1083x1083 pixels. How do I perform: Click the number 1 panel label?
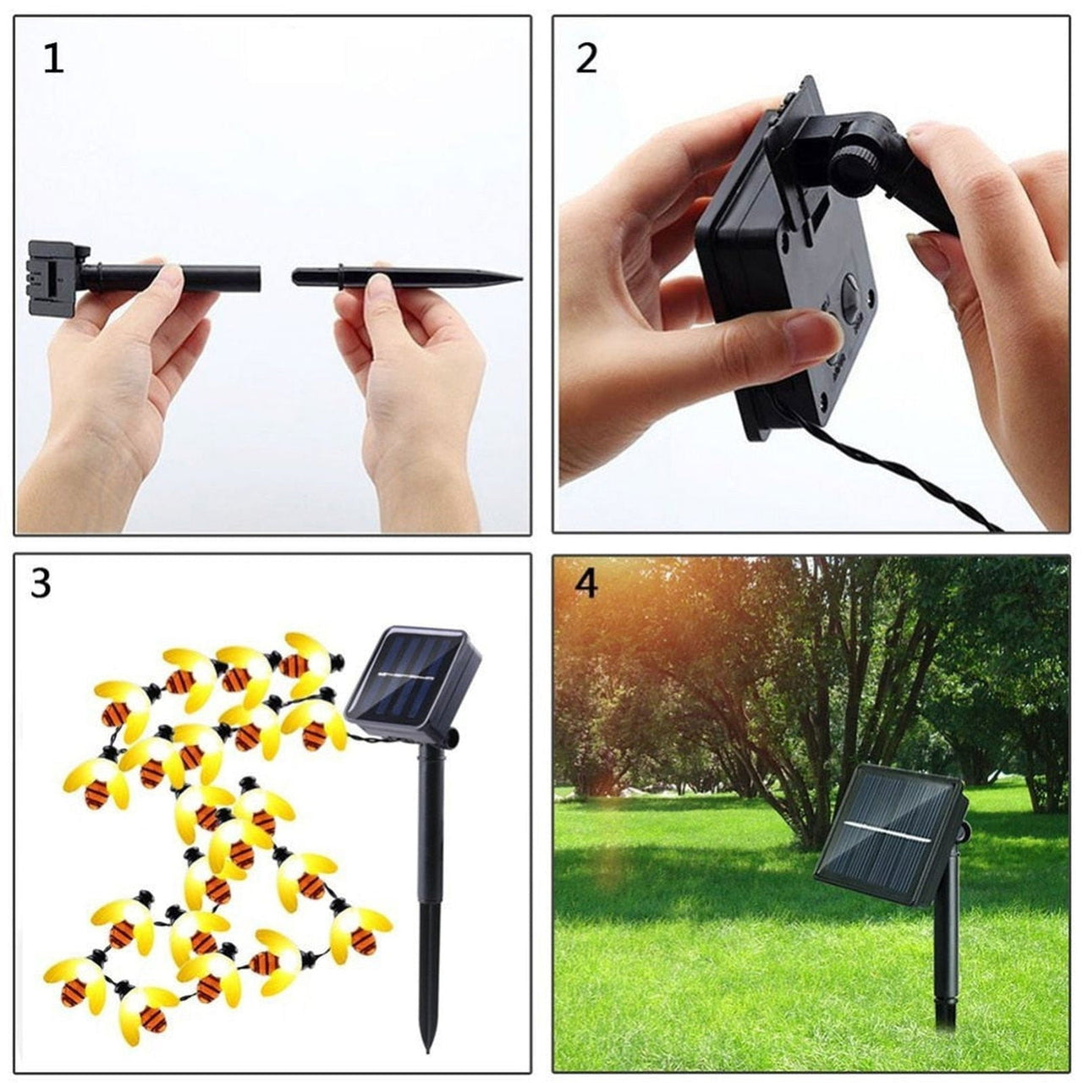coord(53,59)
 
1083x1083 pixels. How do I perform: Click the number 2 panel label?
coord(586,58)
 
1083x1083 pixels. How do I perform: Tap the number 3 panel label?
coord(41,584)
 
